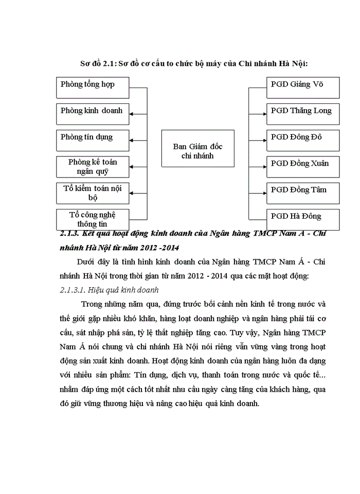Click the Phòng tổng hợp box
(x=93, y=87)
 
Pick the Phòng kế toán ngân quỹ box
(x=93, y=167)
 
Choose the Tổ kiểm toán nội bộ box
(x=93, y=192)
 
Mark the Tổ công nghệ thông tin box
(x=93, y=219)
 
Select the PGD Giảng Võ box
(x=303, y=87)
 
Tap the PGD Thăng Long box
(x=303, y=114)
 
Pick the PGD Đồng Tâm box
(x=303, y=192)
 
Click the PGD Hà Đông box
(x=303, y=219)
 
